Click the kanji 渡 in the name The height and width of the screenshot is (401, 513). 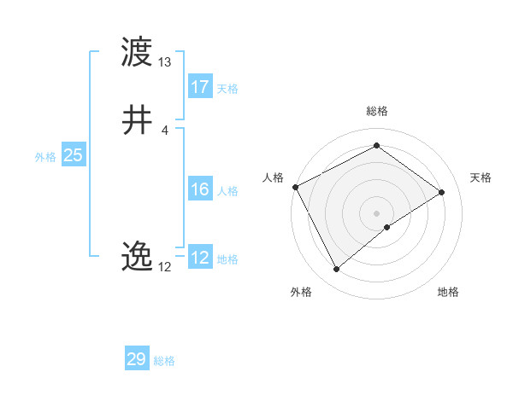click(138, 52)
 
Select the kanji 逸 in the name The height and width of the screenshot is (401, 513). click(138, 256)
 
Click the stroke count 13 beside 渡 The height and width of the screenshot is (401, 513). click(165, 62)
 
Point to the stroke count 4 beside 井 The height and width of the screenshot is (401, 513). click(165, 130)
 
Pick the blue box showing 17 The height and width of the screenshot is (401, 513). click(199, 87)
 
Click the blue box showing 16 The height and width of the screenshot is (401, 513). click(199, 190)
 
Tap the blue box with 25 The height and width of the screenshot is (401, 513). click(74, 155)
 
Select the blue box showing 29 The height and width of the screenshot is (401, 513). click(137, 359)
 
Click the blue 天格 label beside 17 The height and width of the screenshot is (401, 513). click(227, 89)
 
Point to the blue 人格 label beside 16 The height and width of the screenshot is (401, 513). click(227, 191)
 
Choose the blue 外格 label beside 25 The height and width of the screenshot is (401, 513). click(45, 157)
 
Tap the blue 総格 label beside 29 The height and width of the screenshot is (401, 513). click(164, 361)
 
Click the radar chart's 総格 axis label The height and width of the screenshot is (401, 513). click(376, 111)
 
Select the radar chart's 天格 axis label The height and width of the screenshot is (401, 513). click(481, 177)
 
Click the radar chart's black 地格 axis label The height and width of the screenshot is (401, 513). click(448, 292)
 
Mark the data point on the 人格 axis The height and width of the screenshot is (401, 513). click(295, 186)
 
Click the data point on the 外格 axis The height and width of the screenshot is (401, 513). click(336, 270)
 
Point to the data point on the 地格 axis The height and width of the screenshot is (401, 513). click(387, 227)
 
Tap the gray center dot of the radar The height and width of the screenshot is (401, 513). click(376, 212)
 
